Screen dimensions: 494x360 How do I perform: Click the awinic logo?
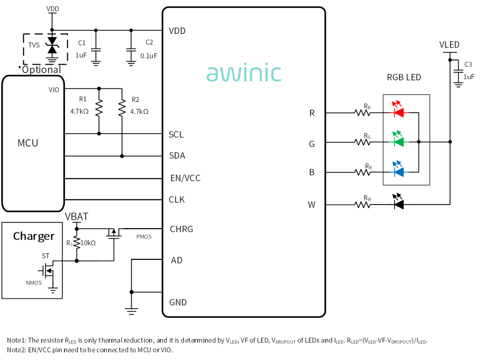pos(243,73)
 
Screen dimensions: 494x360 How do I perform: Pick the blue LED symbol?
pos(398,169)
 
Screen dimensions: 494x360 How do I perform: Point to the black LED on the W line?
pos(398,202)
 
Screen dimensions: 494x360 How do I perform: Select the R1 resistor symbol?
pos(99,108)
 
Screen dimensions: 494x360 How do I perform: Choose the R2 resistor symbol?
pos(122,108)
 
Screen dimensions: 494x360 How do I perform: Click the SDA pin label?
pos(177,156)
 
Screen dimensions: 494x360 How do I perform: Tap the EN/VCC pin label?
pos(185,178)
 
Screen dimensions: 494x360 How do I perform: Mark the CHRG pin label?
pos(182,229)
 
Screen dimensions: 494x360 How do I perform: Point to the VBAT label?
pos(76,217)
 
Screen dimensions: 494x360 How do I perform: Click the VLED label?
pos(449,45)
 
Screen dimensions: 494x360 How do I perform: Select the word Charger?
pos(34,236)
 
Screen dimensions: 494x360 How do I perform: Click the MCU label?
pos(28,143)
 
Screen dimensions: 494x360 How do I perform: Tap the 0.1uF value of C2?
pos(149,56)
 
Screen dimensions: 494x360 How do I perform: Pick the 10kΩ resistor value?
pos(88,243)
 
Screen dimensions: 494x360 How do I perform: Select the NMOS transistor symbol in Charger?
pos(47,270)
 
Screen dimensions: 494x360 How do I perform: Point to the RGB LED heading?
pos(404,77)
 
